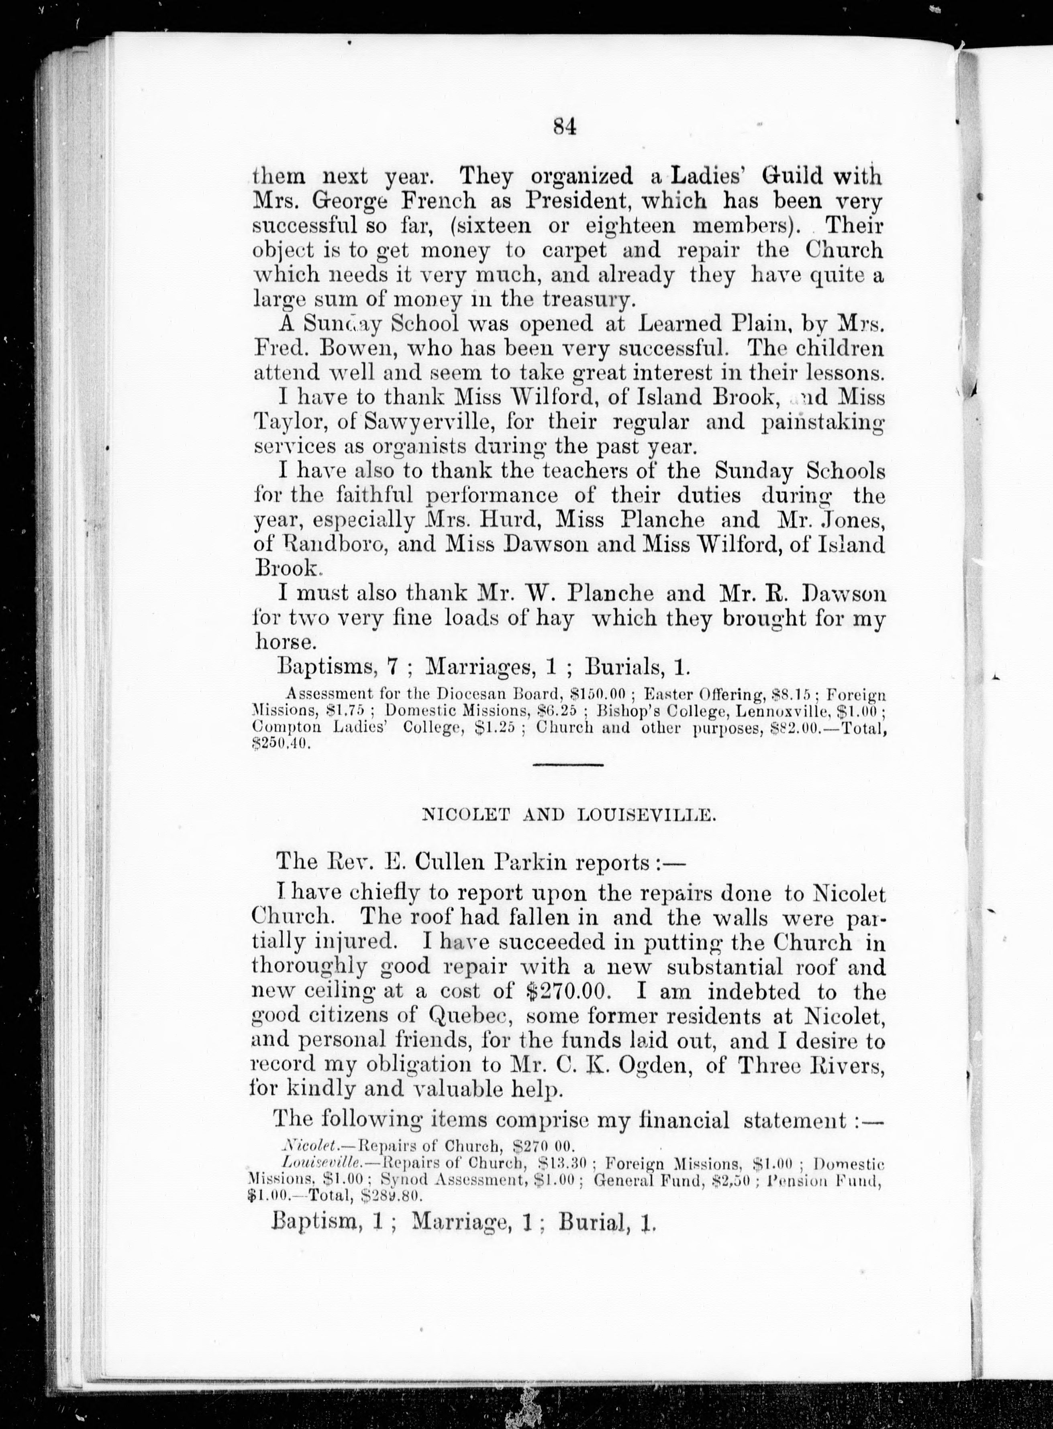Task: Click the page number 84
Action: pyautogui.click(x=564, y=127)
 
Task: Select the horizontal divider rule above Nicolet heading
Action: pyautogui.click(x=567, y=765)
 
